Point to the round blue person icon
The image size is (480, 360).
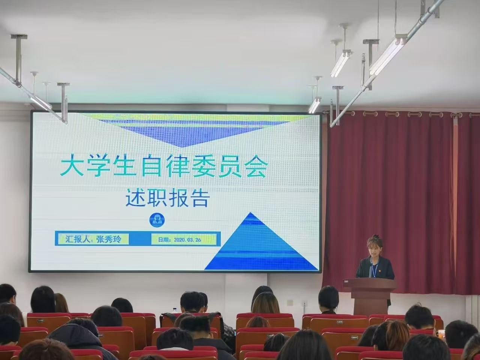157,219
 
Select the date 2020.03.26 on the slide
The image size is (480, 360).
187,240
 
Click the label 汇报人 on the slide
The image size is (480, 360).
77,239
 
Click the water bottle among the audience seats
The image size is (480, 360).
174,310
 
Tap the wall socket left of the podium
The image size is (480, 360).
290,303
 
